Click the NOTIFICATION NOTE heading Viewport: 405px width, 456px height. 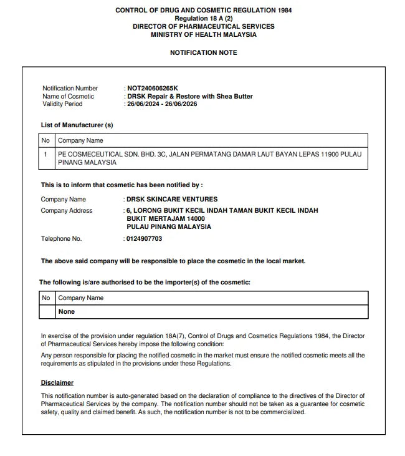[x=203, y=53]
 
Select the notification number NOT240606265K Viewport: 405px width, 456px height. [x=152, y=89]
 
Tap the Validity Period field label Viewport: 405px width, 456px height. [x=62, y=104]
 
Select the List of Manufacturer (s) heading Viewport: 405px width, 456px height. [x=77, y=125]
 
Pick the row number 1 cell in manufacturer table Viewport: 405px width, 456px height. [x=45, y=153]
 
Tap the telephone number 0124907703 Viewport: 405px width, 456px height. [x=144, y=239]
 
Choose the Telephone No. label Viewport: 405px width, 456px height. [x=61, y=239]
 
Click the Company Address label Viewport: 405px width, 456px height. [x=66, y=211]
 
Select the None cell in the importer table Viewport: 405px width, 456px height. [x=66, y=311]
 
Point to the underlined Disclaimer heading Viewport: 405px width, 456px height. [x=57, y=382]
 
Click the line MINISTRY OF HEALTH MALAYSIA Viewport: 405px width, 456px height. [x=203, y=35]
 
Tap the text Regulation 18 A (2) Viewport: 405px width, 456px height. [x=203, y=19]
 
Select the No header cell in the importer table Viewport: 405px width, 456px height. [x=45, y=298]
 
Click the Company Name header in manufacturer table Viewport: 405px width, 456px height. [x=80, y=141]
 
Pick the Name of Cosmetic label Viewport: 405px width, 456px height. [x=68, y=97]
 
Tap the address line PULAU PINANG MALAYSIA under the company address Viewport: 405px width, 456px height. [x=168, y=227]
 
